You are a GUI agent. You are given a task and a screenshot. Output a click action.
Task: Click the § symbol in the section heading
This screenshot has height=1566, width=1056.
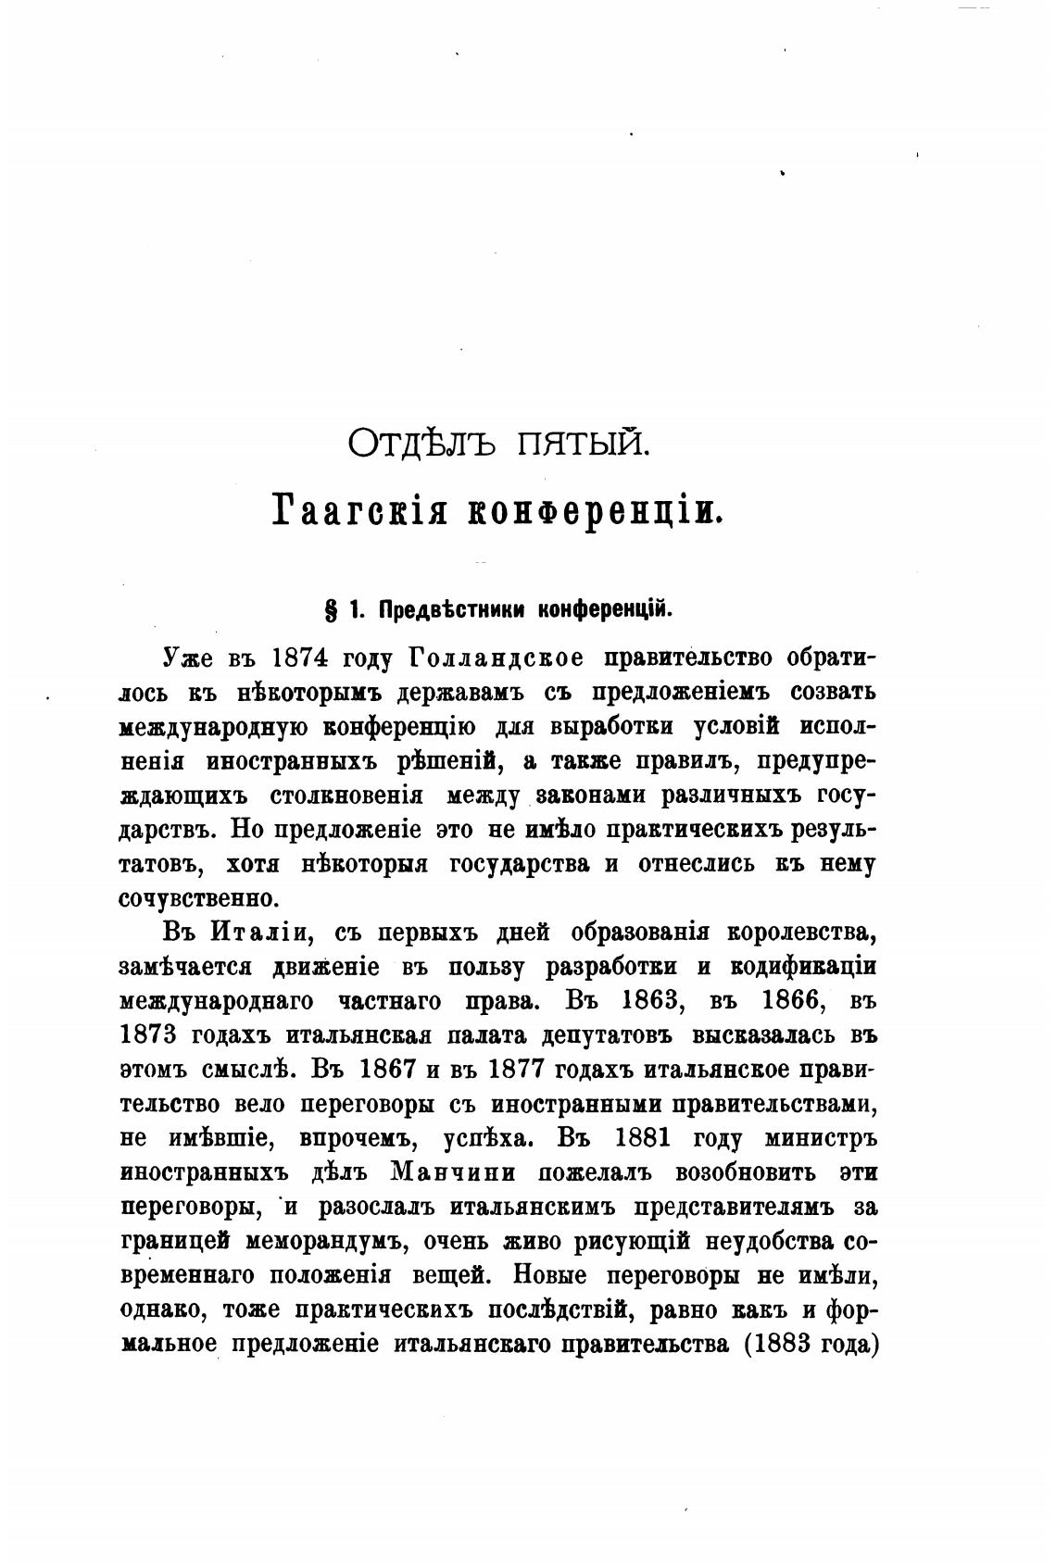[330, 610]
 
